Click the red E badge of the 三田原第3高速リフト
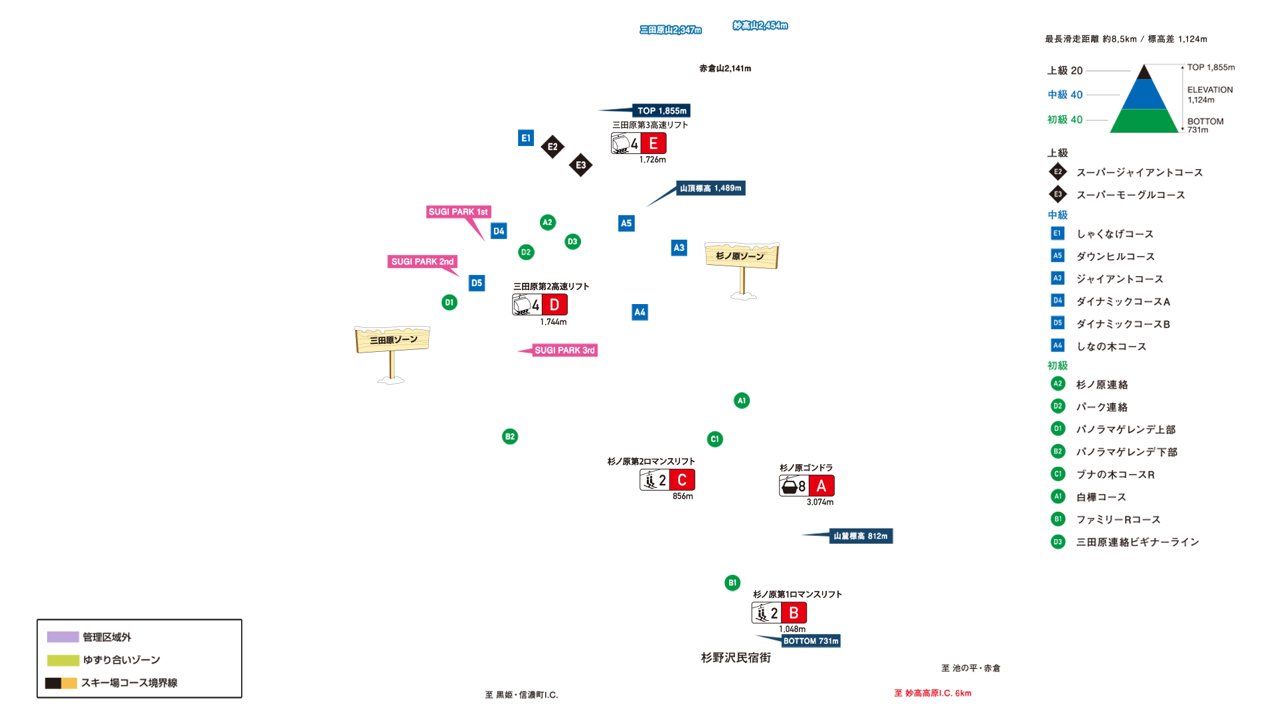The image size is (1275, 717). click(653, 143)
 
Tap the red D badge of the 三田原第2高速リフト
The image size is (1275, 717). click(554, 305)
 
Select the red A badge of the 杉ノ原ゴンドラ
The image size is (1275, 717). click(821, 486)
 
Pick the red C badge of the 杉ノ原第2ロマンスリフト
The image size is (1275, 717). click(682, 480)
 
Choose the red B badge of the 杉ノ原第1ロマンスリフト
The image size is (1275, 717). click(794, 613)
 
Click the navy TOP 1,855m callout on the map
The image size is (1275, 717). click(661, 111)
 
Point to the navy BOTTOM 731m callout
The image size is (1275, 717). click(810, 641)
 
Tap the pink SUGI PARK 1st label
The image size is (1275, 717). click(458, 212)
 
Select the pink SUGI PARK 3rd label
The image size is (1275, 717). click(564, 350)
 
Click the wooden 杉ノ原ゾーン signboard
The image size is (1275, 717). click(741, 256)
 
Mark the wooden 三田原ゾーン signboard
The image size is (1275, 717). click(392, 340)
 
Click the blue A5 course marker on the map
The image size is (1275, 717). click(626, 223)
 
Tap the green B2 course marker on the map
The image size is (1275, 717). click(510, 436)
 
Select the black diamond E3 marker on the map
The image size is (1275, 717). click(581, 165)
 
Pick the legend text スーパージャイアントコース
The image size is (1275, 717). click(1140, 173)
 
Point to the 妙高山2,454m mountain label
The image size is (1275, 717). click(760, 26)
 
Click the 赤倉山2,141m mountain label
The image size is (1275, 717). click(725, 68)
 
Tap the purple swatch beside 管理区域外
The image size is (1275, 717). click(63, 637)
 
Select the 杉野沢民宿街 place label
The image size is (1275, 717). click(736, 657)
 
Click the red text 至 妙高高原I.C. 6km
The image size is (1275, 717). click(932, 693)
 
